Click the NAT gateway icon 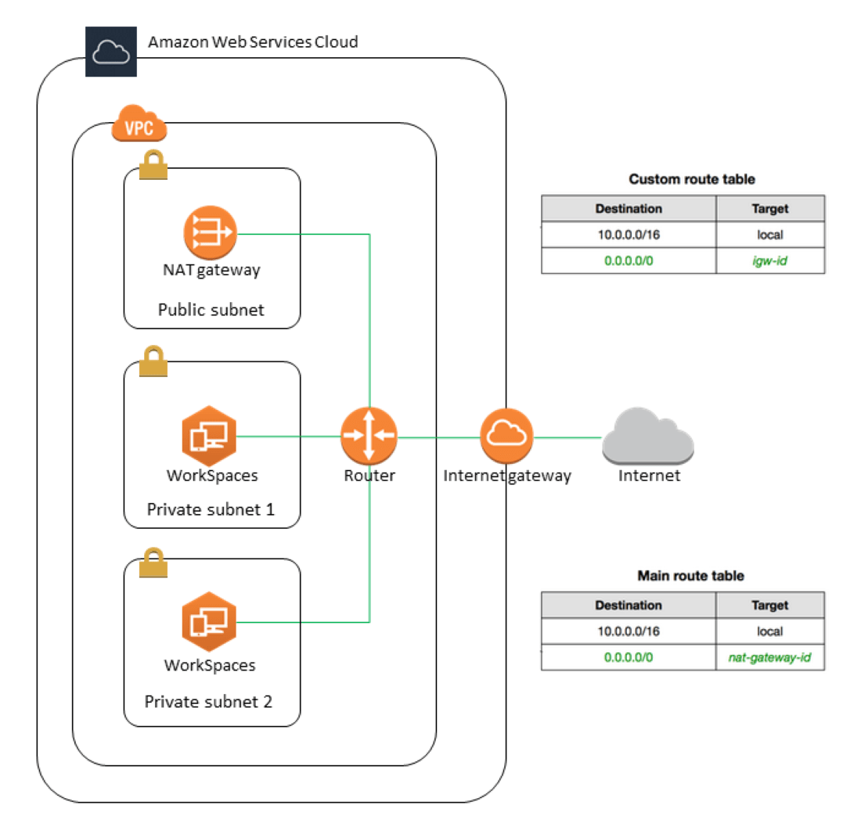tap(209, 232)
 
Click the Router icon tap(369, 434)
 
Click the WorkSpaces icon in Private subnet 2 tap(208, 622)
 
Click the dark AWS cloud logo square tap(110, 52)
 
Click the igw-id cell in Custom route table tap(769, 261)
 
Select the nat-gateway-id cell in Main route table tap(769, 658)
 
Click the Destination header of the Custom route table tap(628, 209)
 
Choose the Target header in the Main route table tap(769, 606)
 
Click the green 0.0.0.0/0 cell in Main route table tap(628, 658)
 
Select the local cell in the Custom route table tap(769, 234)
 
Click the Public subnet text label tap(211, 310)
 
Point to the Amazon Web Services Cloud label tap(253, 41)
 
